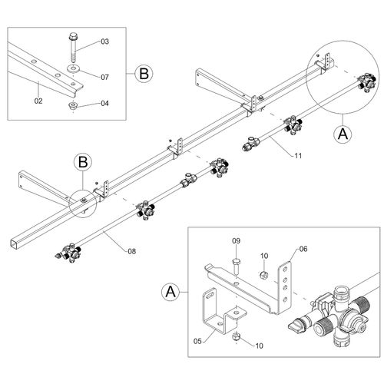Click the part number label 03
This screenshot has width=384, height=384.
[104, 41]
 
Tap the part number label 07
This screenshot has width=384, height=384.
[104, 77]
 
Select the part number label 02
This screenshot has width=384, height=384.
[38, 101]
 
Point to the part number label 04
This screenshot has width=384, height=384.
[104, 104]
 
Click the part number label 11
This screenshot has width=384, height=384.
[298, 156]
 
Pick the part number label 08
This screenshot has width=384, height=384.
[132, 251]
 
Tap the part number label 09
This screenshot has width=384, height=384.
[237, 241]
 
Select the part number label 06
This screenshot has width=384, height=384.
[303, 249]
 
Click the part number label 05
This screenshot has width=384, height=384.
[197, 341]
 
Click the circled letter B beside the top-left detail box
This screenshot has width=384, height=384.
[144, 74]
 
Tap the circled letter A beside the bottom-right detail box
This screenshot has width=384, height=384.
[170, 292]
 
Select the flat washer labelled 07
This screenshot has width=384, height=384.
[74, 68]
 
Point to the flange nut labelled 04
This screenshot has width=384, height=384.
[74, 106]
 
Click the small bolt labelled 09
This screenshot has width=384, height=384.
[236, 266]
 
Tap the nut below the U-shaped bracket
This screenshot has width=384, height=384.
[236, 336]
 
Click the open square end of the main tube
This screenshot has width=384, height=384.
[14, 243]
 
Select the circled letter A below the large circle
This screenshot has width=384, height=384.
[343, 134]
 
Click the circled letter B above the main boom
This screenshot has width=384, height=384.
[83, 162]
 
